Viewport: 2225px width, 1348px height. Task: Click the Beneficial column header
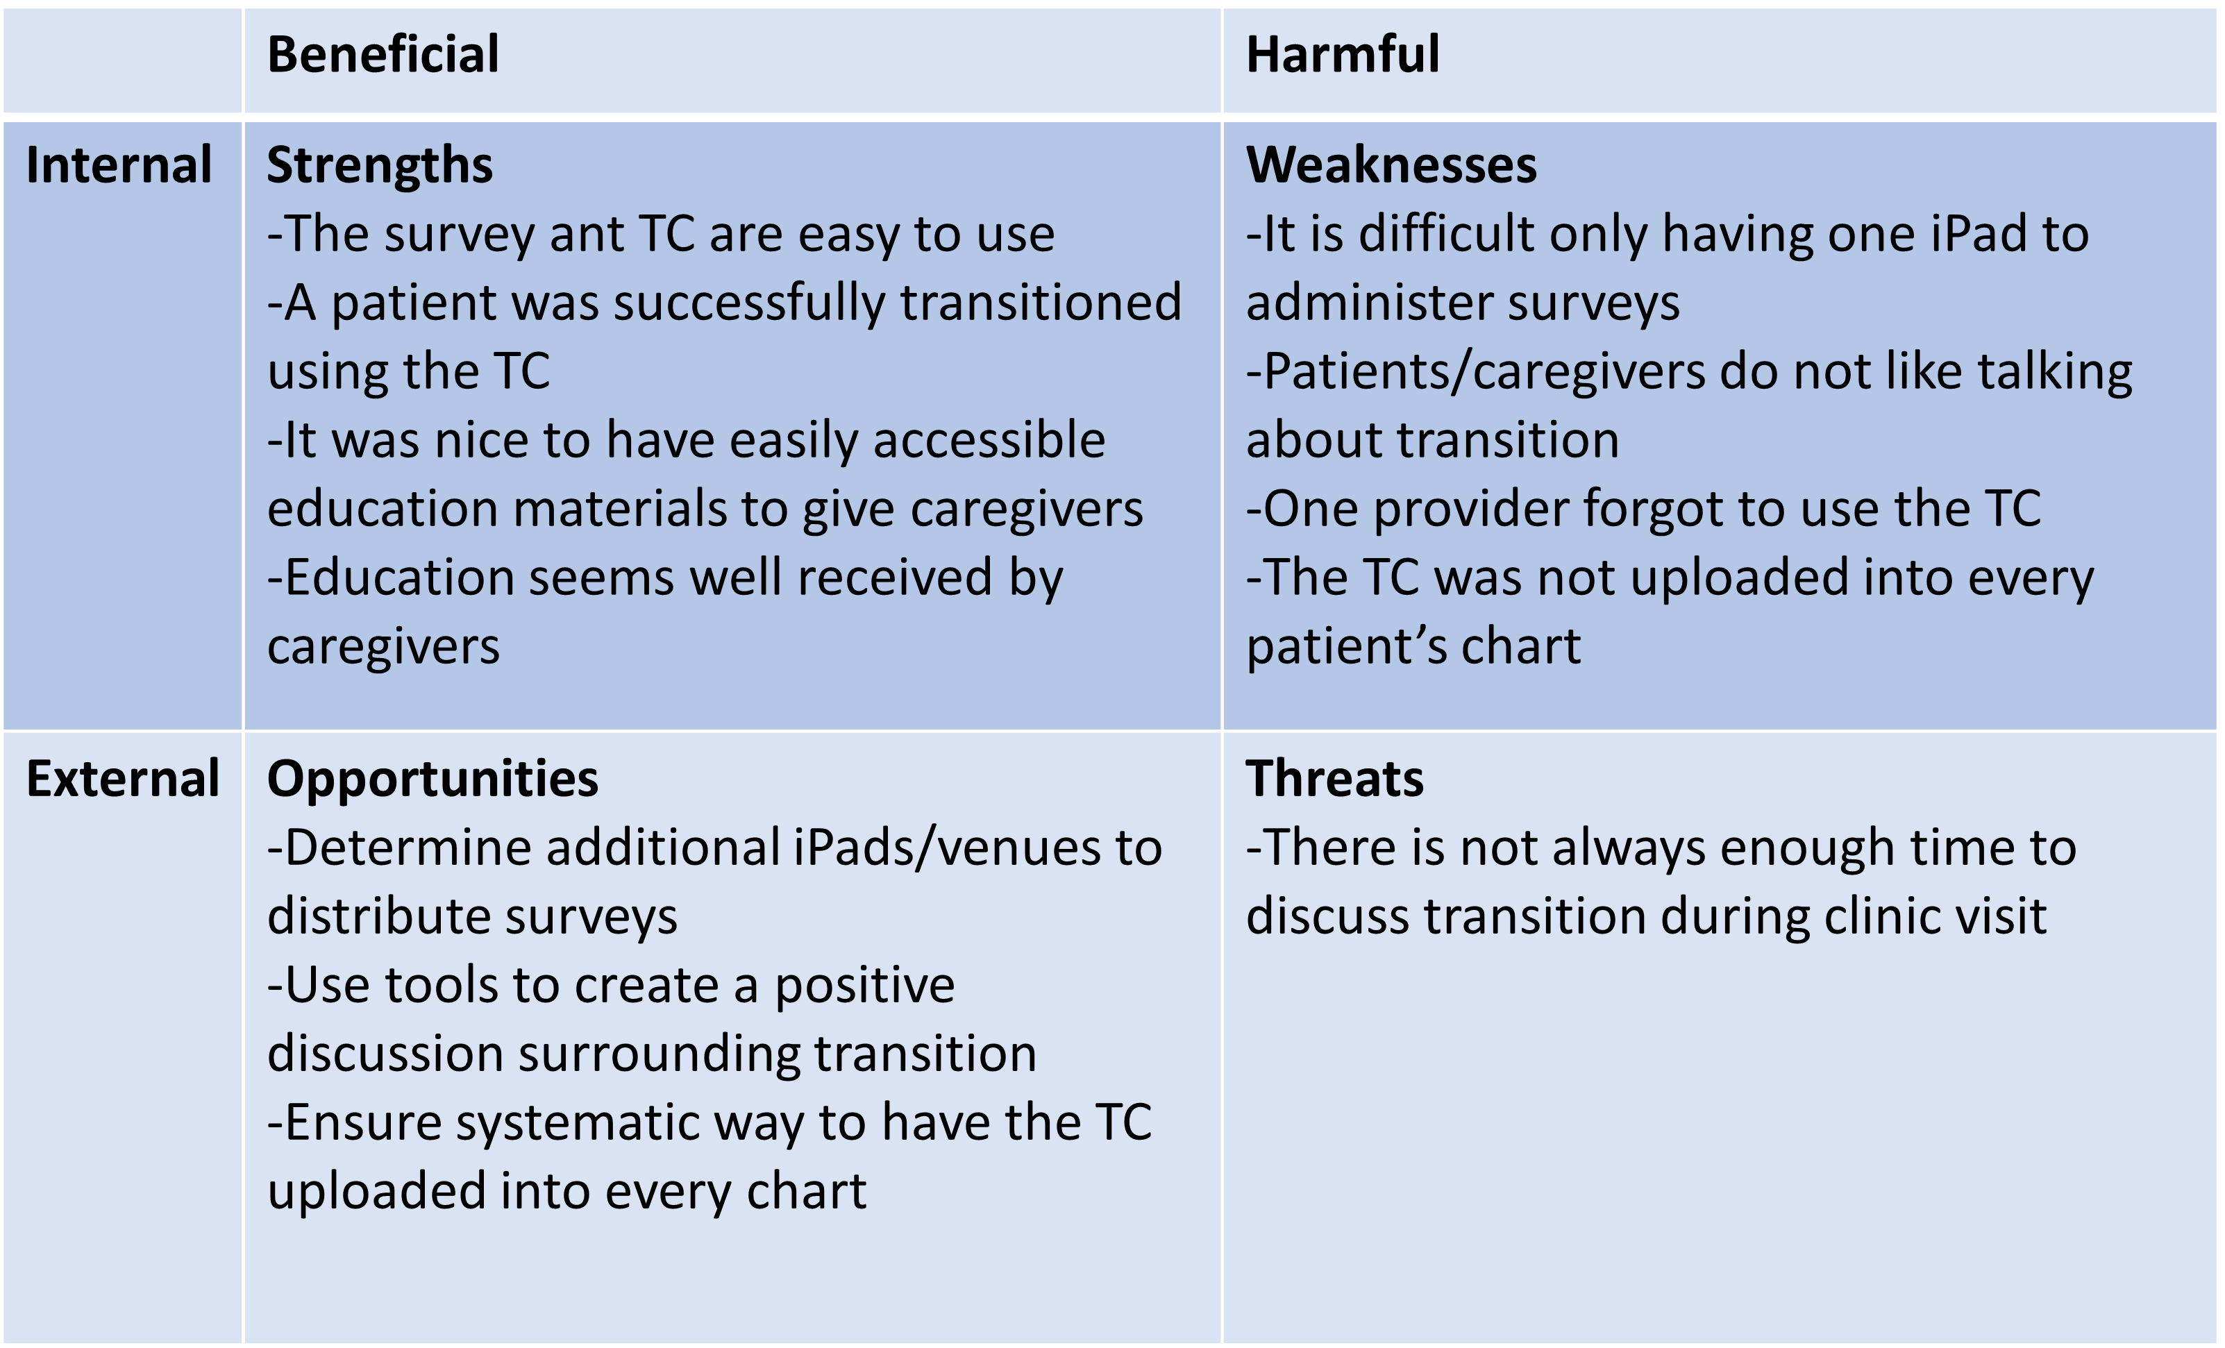tap(383, 54)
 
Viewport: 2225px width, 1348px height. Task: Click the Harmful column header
tap(1343, 54)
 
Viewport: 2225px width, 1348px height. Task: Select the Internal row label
tap(119, 165)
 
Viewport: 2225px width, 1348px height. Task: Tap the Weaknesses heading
tap(1391, 165)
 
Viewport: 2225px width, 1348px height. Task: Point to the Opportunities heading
tap(433, 780)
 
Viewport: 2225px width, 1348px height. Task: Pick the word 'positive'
tap(865, 988)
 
